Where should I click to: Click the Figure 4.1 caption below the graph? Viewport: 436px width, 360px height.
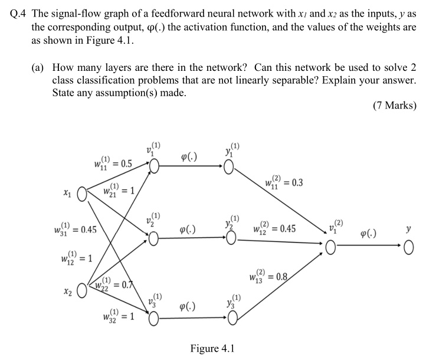click(213, 348)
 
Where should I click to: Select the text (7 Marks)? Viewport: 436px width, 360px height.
click(394, 106)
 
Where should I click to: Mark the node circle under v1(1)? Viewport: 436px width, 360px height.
click(154, 168)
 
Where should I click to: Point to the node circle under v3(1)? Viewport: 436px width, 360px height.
click(154, 319)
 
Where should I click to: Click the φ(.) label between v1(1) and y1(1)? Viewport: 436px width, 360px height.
click(189, 156)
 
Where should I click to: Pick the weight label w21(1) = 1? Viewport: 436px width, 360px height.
click(119, 192)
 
